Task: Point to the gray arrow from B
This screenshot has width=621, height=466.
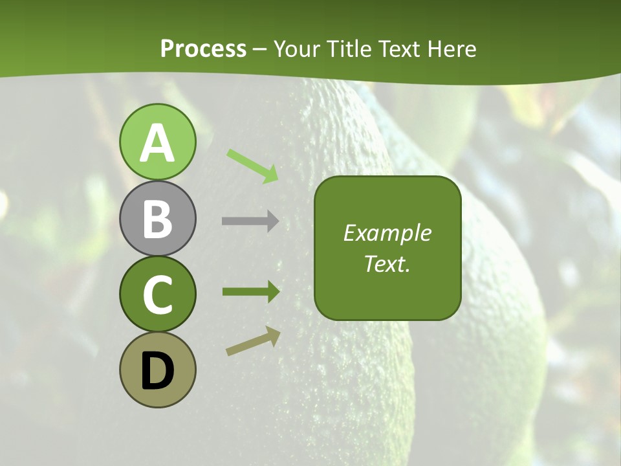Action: [x=250, y=221]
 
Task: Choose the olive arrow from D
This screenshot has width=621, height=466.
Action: [x=254, y=340]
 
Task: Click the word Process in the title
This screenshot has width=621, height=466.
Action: [x=203, y=49]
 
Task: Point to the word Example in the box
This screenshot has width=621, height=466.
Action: [x=387, y=233]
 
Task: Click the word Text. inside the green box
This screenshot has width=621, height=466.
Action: [x=387, y=263]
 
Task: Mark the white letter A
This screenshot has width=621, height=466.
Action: [x=157, y=144]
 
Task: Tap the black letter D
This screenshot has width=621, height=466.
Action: [x=157, y=372]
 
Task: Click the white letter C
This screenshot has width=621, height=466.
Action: [x=157, y=295]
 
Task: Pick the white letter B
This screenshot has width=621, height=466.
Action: [x=157, y=219]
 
